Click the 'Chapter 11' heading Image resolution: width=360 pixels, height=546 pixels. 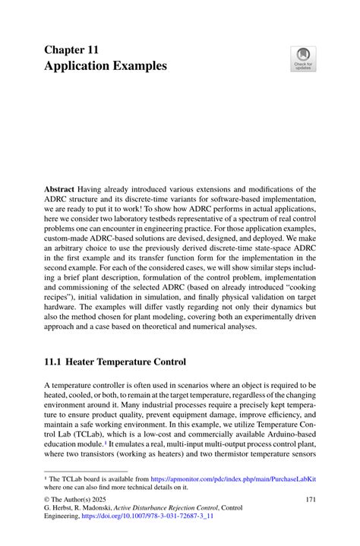(71, 49)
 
